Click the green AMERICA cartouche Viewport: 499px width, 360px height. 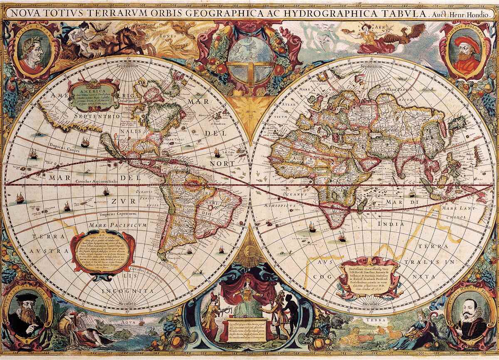[x=93, y=94]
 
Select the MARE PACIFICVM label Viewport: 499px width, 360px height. [x=117, y=225]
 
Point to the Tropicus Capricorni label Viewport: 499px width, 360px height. [x=118, y=214]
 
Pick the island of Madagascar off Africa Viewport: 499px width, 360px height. [x=362, y=204]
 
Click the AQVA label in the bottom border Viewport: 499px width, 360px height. [x=129, y=321]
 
